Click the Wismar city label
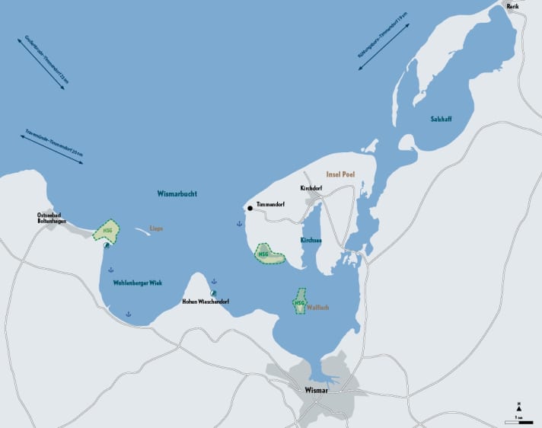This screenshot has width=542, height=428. [315, 390]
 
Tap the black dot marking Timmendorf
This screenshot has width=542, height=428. [249, 207]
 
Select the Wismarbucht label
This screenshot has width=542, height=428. [177, 194]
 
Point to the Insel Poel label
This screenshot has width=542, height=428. [340, 174]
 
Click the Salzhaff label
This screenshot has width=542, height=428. [441, 119]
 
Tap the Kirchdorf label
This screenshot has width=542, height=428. [313, 188]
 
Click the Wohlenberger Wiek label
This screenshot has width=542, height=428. [137, 283]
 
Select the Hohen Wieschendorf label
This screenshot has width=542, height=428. [206, 302]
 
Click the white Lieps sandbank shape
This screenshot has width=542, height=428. [145, 231]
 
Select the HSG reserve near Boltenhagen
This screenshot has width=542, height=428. [106, 232]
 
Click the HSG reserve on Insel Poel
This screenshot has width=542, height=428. [269, 254]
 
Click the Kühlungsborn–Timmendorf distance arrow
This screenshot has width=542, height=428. [384, 46]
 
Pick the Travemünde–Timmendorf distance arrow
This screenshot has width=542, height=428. [53, 149]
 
